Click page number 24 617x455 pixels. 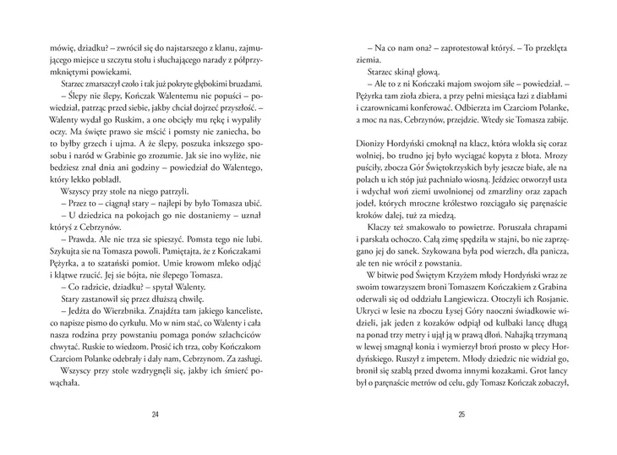(x=155, y=414)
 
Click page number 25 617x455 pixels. (x=461, y=414)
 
